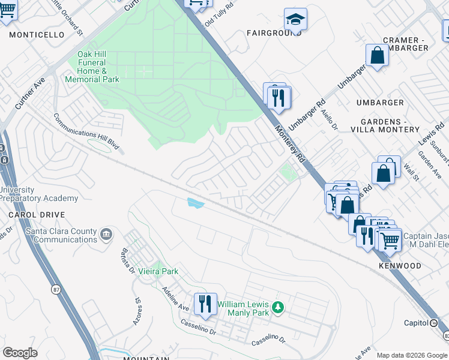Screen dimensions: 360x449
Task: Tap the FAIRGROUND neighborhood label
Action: tap(273, 33)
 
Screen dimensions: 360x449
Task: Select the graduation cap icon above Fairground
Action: tap(295, 20)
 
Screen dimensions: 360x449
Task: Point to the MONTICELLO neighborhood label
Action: tap(37, 35)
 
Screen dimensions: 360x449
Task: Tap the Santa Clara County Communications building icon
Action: tap(106, 233)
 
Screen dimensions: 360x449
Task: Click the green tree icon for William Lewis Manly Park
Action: tap(277, 307)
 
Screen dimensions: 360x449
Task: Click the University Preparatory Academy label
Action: tap(39, 194)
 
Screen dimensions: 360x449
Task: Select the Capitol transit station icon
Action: tap(433, 323)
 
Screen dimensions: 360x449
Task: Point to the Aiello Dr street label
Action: tap(330, 119)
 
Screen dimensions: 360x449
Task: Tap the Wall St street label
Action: tap(411, 174)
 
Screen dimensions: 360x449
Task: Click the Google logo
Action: tap(20, 352)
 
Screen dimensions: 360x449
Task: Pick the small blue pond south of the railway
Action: tap(195, 203)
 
